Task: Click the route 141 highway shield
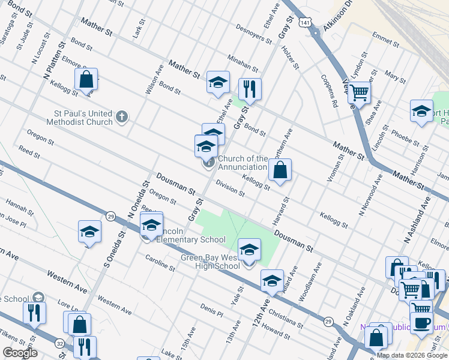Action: pos(306,22)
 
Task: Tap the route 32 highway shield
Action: pos(60,344)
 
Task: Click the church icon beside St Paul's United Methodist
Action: pos(122,116)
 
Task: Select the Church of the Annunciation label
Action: pos(243,163)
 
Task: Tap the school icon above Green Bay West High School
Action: pos(249,250)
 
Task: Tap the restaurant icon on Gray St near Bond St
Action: pos(249,89)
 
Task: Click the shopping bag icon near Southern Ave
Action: pos(280,170)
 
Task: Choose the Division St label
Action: pos(231,189)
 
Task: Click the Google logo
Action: pos(20,353)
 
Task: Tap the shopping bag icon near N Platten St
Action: pos(86,79)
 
